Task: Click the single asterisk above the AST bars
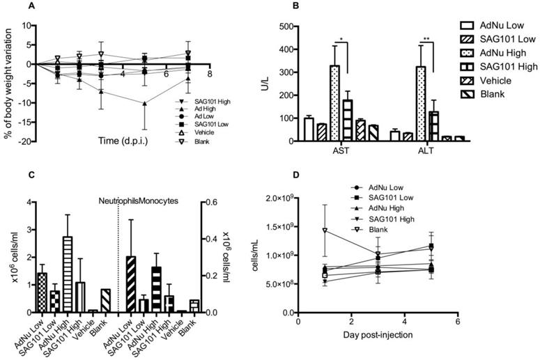[345, 40]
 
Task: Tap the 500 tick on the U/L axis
[284, 26]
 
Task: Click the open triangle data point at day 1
[325, 230]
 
